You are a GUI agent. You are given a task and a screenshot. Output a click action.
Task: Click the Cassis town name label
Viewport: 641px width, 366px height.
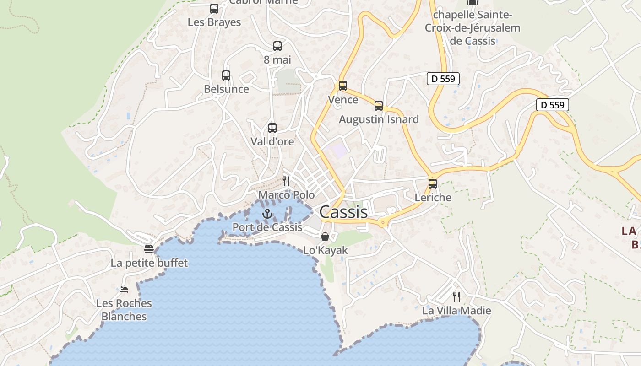tap(343, 212)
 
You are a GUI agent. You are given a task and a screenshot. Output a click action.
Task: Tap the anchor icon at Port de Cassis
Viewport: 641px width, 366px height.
tap(267, 214)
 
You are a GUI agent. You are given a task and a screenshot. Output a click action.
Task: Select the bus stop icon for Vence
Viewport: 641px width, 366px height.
tap(343, 86)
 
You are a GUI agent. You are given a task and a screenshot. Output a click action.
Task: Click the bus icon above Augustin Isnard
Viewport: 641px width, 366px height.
tap(379, 106)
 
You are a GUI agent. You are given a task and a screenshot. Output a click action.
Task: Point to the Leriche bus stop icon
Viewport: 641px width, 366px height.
tap(433, 184)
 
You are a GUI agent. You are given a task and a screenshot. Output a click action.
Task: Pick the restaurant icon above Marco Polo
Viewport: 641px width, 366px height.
tap(286, 181)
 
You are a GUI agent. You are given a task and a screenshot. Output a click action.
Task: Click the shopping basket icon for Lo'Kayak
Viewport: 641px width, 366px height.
tap(325, 237)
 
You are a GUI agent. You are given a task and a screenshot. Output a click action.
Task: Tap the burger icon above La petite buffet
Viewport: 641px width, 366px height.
tap(149, 249)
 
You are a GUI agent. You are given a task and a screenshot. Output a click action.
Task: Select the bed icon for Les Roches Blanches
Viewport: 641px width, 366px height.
tap(124, 290)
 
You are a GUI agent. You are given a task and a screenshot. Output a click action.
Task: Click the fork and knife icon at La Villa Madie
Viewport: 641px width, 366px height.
tap(456, 297)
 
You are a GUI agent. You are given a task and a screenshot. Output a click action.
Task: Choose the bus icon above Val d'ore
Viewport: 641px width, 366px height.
tap(272, 128)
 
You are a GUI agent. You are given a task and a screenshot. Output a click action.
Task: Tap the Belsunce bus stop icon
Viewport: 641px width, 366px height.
tap(226, 75)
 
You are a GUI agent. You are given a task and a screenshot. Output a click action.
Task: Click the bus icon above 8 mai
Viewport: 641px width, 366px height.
tap(277, 46)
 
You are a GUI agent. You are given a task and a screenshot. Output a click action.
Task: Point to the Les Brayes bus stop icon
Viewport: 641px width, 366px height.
tap(214, 9)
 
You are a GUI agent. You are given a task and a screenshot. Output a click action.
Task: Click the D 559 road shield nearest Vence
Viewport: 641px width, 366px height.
tap(443, 79)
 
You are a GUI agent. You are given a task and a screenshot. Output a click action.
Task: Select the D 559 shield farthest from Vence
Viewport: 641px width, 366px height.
tap(553, 105)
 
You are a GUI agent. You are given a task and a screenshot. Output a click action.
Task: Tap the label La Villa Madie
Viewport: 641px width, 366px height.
tap(456, 311)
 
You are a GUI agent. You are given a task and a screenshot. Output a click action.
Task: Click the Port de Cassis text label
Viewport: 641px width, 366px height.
tap(267, 227)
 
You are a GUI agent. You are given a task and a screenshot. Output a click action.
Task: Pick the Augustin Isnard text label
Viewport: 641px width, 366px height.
tap(379, 119)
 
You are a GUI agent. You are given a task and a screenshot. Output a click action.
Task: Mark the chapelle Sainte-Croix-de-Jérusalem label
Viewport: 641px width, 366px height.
tap(473, 28)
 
